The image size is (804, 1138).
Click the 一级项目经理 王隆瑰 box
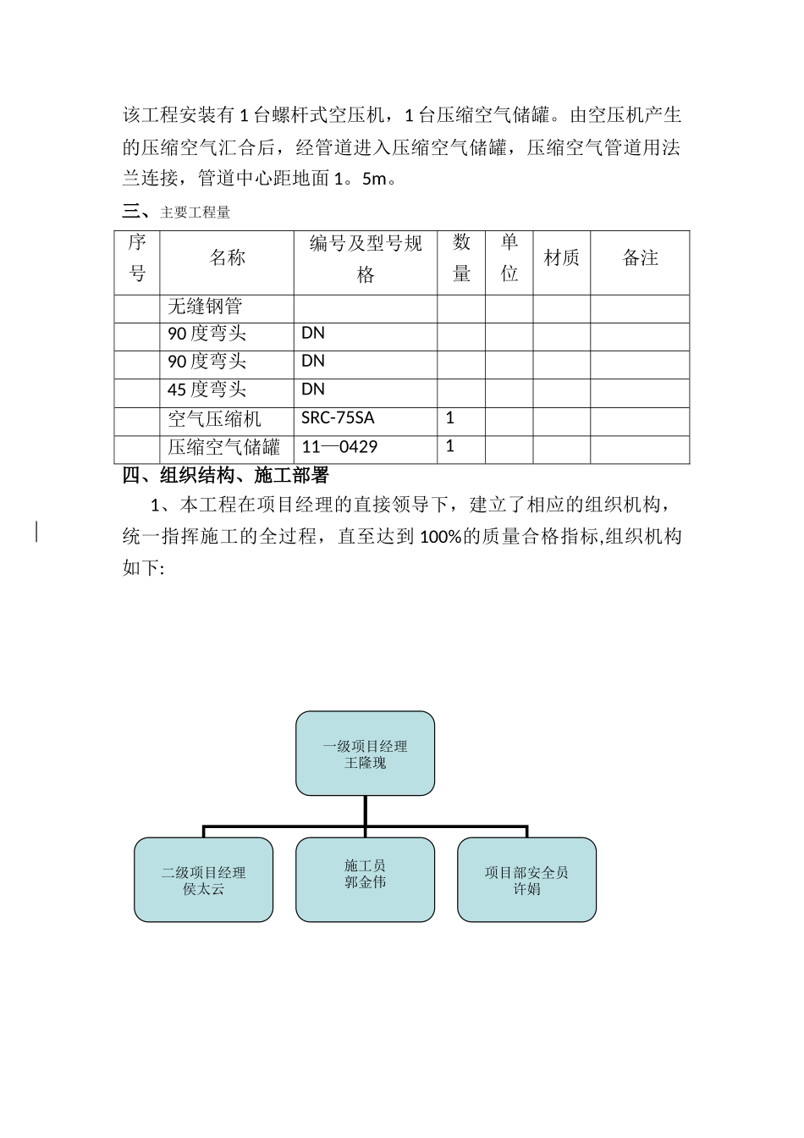pos(365,754)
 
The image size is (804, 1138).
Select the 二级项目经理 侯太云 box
pos(204,881)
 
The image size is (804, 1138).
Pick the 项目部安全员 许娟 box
pos(526,881)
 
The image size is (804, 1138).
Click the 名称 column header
pos(227,258)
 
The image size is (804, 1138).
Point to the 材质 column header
pos(561,258)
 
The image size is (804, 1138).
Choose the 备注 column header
pos(640,258)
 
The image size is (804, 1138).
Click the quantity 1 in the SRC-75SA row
pos(450,417)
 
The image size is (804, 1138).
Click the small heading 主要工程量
pos(195,213)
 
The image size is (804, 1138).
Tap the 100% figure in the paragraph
pos(441,537)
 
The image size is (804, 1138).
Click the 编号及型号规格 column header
pos(366,259)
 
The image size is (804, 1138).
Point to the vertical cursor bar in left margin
pos(36,532)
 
